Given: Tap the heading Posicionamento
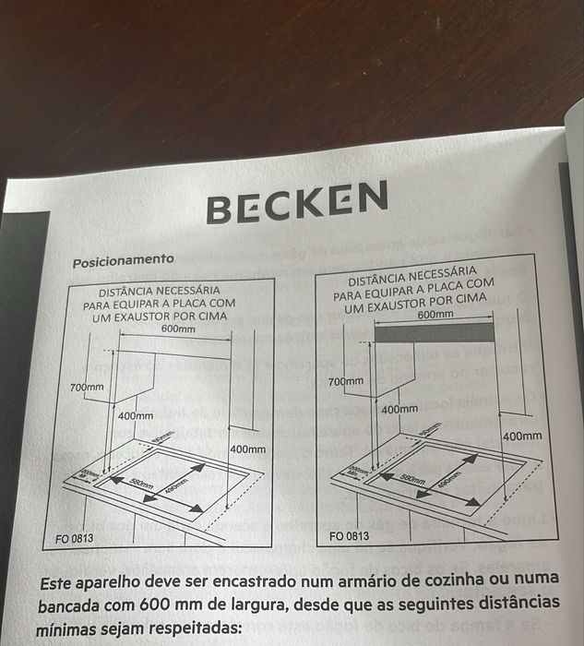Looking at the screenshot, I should coord(123,261).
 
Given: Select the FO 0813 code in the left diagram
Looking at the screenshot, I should coord(74,537).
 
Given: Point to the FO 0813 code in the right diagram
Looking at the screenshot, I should coord(349,535).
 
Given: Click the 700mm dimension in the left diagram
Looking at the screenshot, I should coord(87,388).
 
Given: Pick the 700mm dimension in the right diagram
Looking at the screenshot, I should coord(346,382).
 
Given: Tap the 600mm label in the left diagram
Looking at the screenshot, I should coord(178,329).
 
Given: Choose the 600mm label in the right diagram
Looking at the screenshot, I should coord(436,315).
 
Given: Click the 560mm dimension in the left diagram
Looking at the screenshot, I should coord(141,484).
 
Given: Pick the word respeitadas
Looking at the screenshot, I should coord(190,629).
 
